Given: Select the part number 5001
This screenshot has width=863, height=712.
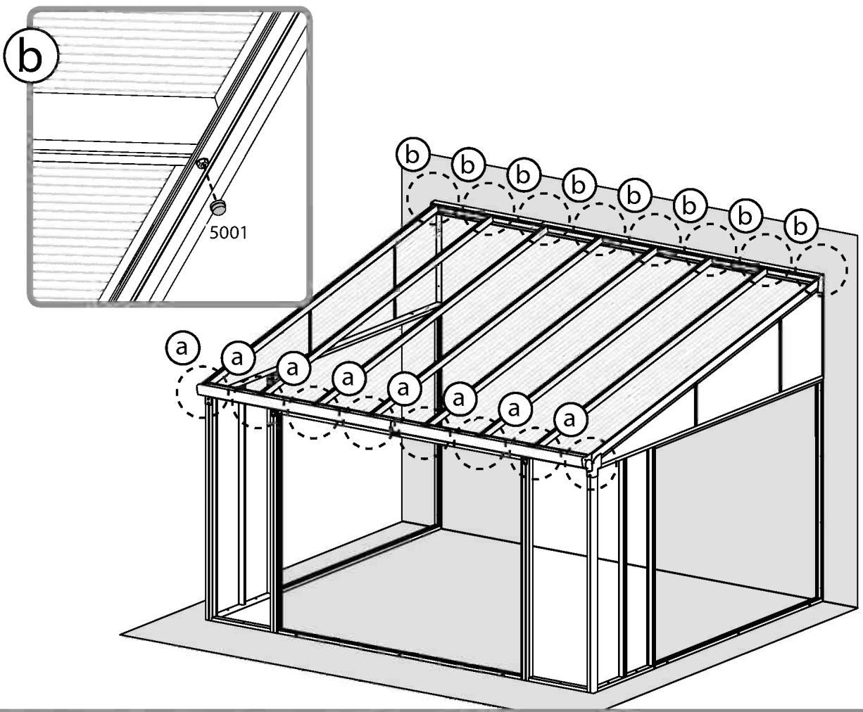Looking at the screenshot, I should pos(229,231).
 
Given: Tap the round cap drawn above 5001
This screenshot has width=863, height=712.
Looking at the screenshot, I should pos(219,207).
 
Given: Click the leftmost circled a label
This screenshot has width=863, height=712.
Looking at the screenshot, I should pos(182,347).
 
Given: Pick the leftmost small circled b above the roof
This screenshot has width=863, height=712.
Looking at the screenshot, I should pos(412,155).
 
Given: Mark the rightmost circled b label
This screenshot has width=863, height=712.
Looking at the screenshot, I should pos(801,225).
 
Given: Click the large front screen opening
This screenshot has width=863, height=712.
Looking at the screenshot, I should pos(401,549).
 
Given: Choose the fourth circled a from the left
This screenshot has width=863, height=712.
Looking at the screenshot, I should pos(348,378).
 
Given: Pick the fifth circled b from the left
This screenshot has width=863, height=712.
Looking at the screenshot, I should pos(634,195).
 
